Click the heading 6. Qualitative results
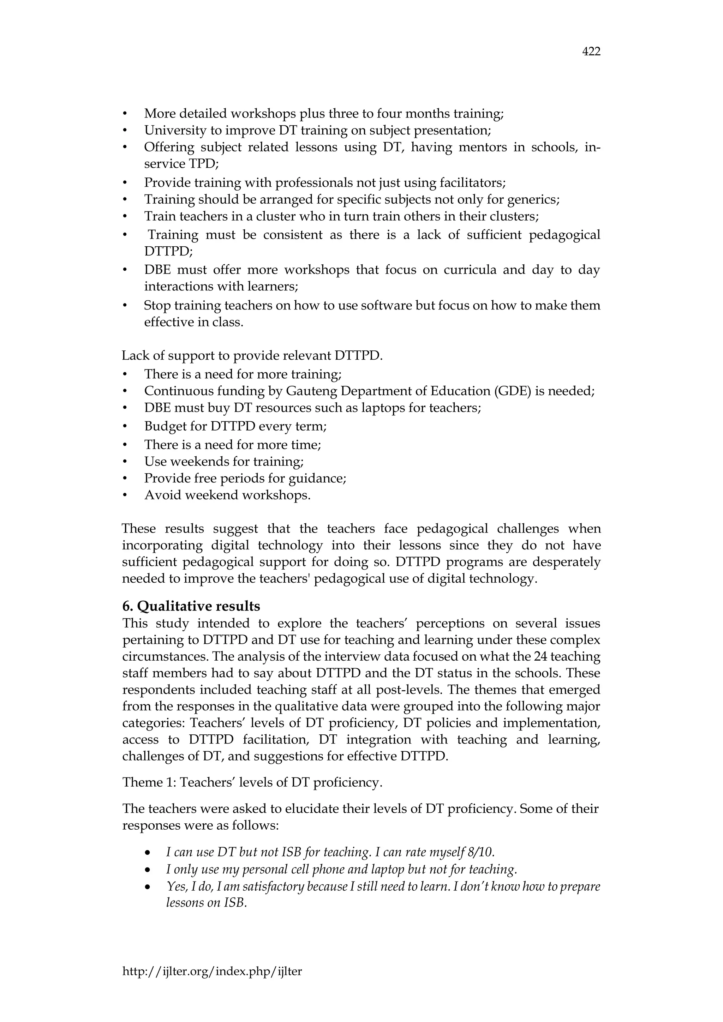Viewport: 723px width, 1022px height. tap(191, 606)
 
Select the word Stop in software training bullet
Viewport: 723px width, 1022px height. tap(157, 305)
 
